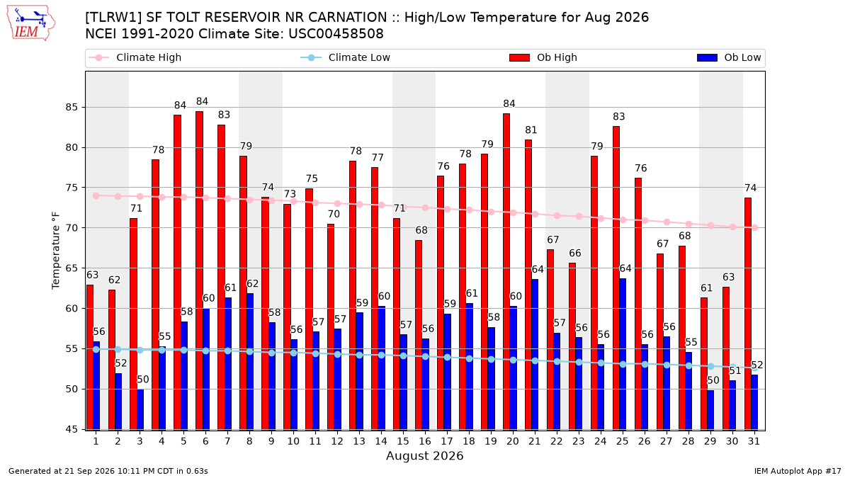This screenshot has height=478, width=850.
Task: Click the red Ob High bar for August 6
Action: (199, 271)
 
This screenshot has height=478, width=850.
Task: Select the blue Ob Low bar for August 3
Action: (140, 410)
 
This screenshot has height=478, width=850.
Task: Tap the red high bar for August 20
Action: (506, 272)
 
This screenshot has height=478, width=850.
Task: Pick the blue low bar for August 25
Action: (623, 354)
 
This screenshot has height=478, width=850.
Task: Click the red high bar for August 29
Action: (704, 364)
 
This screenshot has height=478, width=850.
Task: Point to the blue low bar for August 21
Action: (535, 355)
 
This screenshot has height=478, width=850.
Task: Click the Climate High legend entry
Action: (135, 57)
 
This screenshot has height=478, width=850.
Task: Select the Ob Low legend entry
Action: (729, 57)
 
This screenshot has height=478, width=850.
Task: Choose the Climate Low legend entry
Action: (346, 57)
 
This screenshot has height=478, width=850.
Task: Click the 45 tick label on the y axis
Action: (72, 429)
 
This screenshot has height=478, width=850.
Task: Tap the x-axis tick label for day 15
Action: (403, 441)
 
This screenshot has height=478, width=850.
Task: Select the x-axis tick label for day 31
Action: (754, 441)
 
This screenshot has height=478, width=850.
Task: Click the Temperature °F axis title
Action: (56, 251)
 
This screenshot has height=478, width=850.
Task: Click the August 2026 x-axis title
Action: (424, 455)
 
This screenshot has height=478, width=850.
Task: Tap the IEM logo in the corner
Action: (30, 23)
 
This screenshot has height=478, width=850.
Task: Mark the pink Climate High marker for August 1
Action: (96, 195)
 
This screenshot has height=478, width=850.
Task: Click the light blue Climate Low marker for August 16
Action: (425, 357)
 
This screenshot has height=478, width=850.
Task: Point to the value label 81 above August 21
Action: (531, 130)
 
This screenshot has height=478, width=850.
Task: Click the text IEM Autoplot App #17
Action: (798, 471)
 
